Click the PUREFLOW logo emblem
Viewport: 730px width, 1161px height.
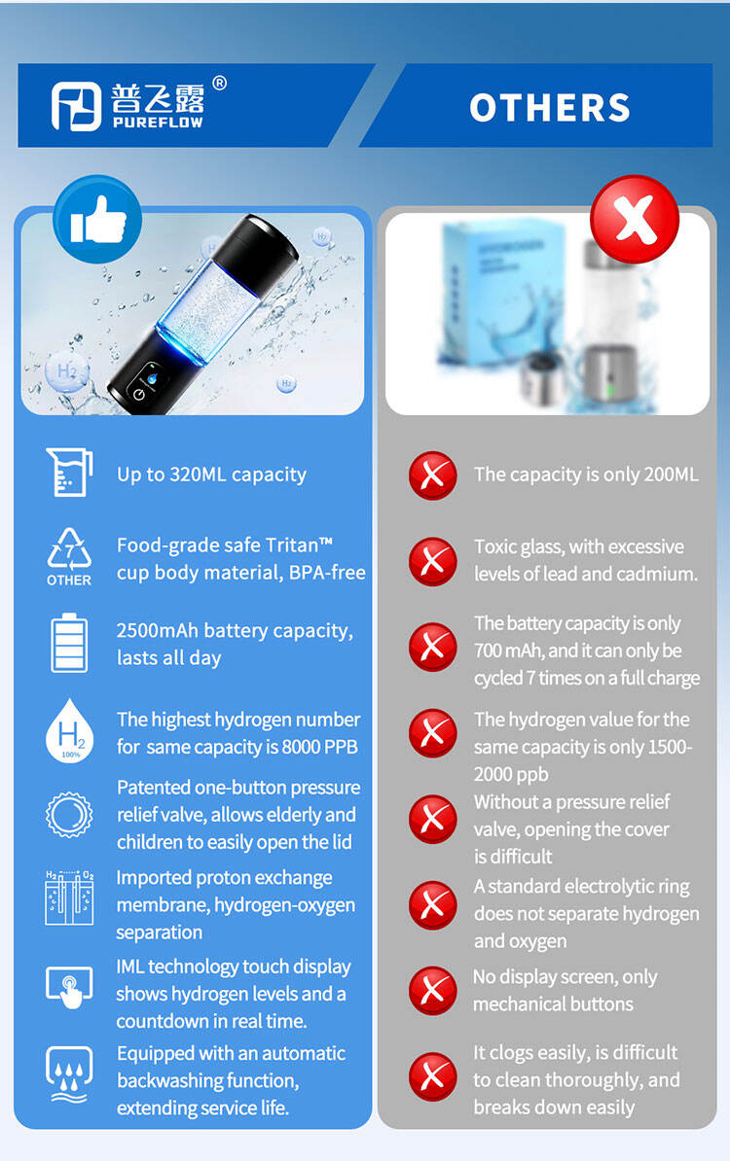pos(76,106)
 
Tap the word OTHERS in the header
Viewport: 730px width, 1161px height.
pos(550,107)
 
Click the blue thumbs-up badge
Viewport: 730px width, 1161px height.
pos(97,219)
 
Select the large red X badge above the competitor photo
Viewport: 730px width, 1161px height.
pos(635,219)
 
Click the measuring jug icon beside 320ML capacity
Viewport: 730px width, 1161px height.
pos(69,472)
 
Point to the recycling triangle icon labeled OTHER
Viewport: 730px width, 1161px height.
pos(69,557)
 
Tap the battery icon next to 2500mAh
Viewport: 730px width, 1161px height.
pos(69,643)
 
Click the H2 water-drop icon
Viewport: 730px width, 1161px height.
pos(69,730)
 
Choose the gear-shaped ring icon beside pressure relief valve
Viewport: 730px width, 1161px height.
pos(69,815)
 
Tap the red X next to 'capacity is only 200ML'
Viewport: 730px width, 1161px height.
pos(433,475)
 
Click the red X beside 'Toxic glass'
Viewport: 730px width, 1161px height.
pos(433,561)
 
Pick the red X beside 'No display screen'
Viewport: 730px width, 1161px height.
pos(433,991)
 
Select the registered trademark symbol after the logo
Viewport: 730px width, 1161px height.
pos(219,83)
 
